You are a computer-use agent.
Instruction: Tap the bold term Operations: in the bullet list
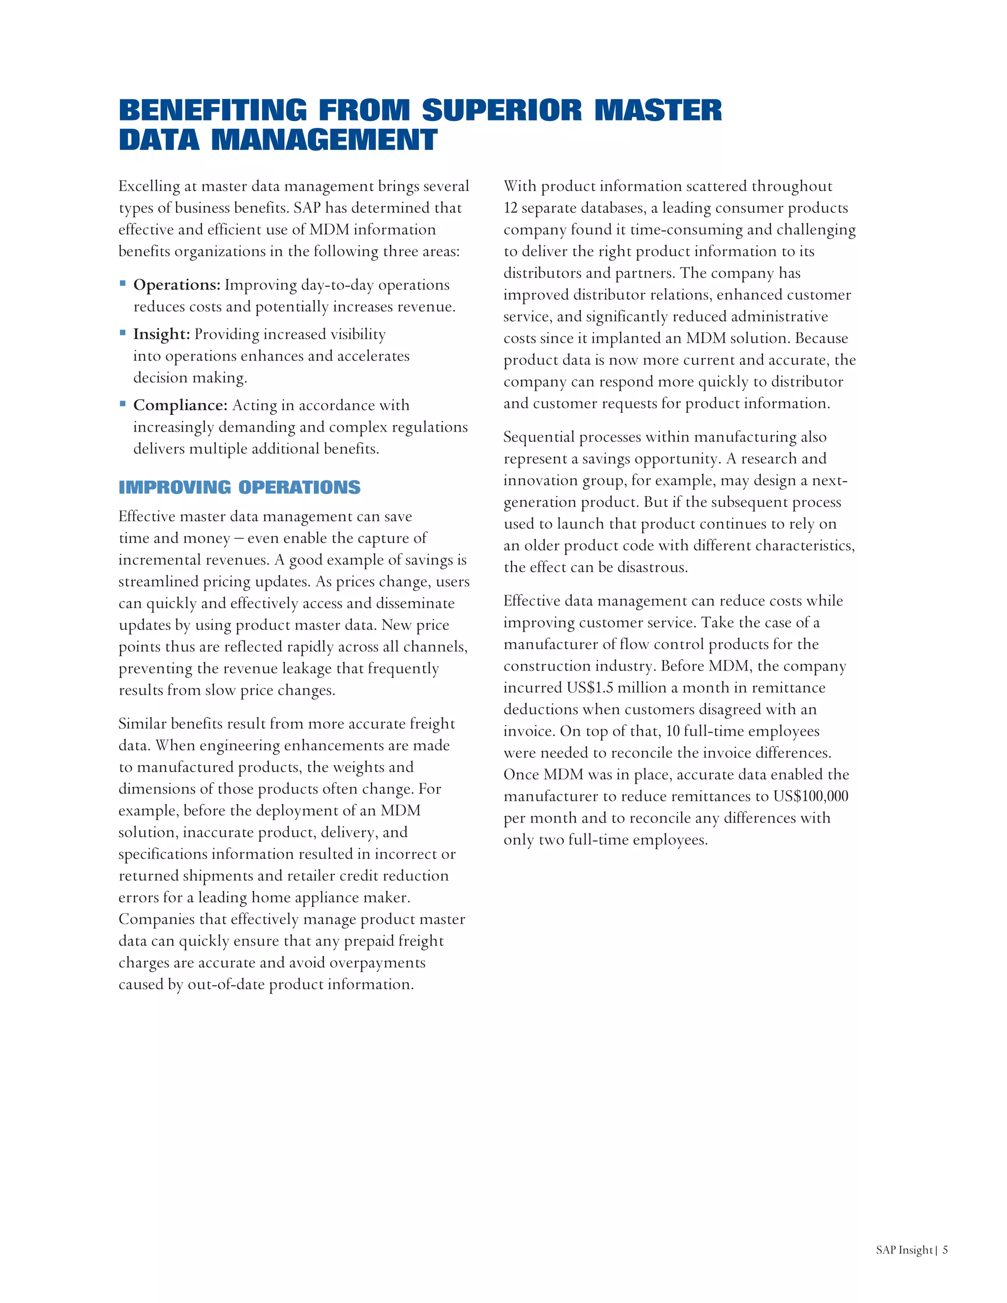[x=177, y=285]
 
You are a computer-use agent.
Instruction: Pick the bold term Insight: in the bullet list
[x=162, y=334]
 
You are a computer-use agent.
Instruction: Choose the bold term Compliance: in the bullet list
[x=180, y=405]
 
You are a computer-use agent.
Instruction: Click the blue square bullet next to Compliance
[x=123, y=404]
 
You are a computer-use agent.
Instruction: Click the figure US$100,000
[x=811, y=797]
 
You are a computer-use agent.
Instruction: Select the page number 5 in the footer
[x=945, y=1250]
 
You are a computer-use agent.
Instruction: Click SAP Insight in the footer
[x=904, y=1250]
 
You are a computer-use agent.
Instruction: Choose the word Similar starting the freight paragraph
[x=142, y=724]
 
